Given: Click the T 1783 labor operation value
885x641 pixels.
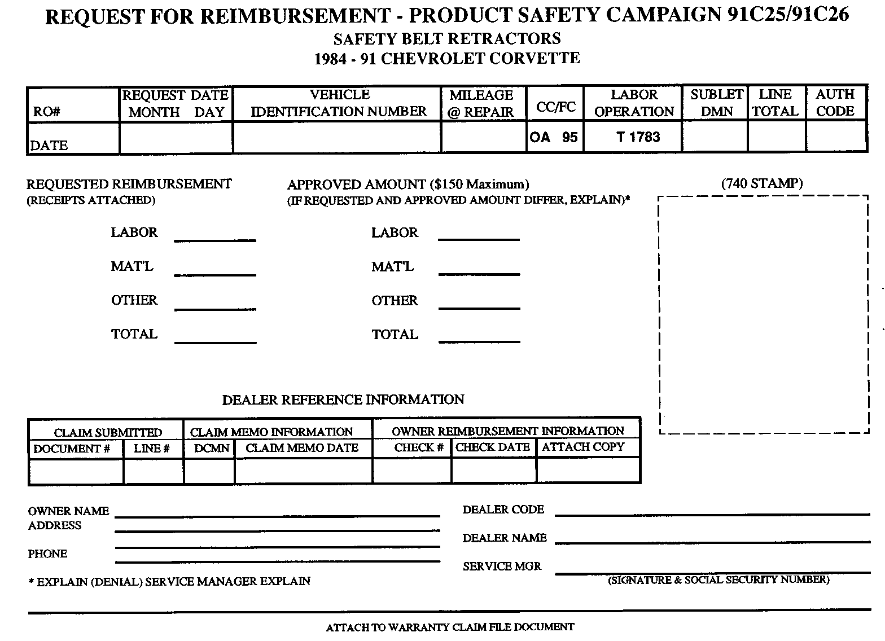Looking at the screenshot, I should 638,137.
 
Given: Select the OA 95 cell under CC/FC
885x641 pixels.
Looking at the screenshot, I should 554,137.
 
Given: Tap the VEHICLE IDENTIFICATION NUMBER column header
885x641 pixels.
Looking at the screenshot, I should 339,103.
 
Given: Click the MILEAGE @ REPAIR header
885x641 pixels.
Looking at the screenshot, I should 481,103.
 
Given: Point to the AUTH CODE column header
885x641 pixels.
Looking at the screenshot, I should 835,103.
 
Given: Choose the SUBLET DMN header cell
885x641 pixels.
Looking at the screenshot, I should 716,103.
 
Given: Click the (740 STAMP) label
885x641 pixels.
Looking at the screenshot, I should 761,183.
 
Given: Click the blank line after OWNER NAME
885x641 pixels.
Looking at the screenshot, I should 277,514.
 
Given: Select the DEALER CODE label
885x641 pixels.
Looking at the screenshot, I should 503,510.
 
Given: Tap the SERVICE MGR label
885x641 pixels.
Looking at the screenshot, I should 502,567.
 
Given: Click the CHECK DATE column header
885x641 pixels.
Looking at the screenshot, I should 493,447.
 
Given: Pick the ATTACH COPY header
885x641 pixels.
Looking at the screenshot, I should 583,447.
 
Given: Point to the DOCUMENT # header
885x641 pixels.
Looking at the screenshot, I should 72,449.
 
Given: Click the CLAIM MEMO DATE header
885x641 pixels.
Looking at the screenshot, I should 302,448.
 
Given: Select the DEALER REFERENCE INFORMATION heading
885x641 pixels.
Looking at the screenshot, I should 343,400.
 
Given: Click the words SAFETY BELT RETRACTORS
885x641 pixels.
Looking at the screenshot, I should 447,39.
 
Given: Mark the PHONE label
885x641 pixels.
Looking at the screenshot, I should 47,554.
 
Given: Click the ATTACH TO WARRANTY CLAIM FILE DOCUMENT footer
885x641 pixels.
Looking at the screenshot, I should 450,627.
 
